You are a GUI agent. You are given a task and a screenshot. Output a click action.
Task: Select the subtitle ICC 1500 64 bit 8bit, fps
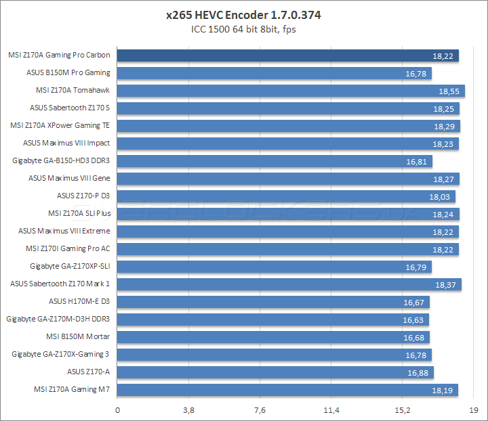point(243,29)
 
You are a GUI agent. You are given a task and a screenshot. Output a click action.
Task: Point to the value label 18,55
point(448,91)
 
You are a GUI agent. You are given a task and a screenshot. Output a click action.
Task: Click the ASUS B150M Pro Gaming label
point(68,72)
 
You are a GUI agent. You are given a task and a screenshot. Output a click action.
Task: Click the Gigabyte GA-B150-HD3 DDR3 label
point(61,160)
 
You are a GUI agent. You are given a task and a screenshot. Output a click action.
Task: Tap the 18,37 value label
point(445,284)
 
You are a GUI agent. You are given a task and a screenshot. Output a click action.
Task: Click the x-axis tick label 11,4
point(331,410)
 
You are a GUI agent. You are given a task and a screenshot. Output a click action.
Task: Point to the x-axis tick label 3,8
point(189,410)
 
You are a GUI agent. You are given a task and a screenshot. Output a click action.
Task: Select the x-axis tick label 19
point(474,410)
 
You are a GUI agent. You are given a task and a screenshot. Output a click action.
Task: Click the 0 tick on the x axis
point(118,410)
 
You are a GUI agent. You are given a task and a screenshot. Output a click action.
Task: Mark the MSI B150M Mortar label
point(78,336)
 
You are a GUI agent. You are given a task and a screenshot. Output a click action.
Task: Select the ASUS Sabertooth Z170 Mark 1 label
point(60,284)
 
